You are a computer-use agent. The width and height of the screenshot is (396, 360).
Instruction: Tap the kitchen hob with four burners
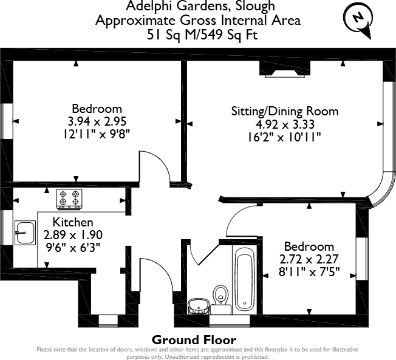(69, 199)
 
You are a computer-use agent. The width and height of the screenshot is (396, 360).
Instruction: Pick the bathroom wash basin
(197, 305)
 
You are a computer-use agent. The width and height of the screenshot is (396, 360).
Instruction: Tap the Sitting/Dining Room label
(284, 112)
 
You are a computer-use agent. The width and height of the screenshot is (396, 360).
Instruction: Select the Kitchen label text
(73, 222)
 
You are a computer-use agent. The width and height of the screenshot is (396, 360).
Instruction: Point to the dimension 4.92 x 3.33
(284, 124)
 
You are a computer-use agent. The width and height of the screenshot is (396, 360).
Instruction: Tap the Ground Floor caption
(194, 339)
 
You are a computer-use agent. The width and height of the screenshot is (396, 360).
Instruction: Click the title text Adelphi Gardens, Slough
(198, 7)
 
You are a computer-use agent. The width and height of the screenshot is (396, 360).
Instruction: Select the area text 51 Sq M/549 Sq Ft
(198, 34)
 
